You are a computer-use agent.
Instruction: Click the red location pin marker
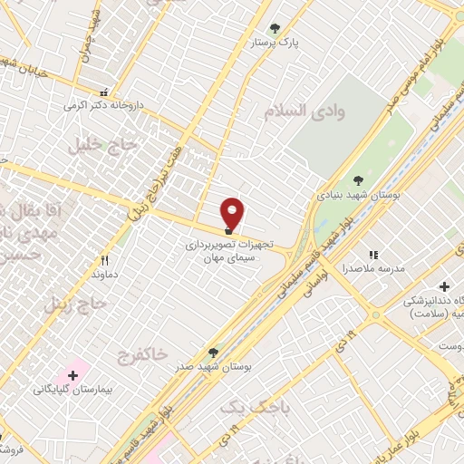point(233,213)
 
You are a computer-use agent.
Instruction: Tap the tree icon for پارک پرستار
point(275,28)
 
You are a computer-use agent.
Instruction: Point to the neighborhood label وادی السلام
point(305,111)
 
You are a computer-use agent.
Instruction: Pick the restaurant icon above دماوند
point(106,260)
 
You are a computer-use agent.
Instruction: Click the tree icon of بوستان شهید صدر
point(214,352)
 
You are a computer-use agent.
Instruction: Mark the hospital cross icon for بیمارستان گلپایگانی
point(72,374)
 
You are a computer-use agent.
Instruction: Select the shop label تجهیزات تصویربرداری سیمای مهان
point(223,251)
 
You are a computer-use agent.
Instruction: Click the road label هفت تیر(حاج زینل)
point(162,171)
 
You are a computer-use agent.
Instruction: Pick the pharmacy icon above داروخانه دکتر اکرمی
point(103,92)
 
